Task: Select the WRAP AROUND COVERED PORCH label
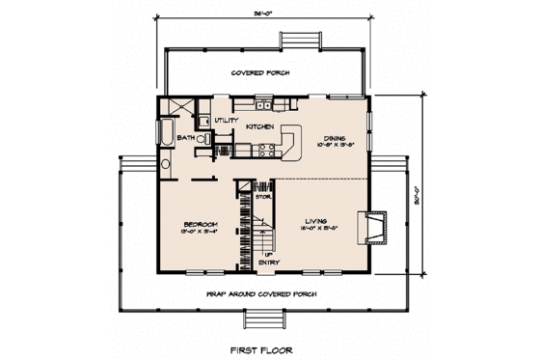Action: click(262, 291)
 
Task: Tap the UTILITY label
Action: click(226, 120)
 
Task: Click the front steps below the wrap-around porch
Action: click(260, 321)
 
